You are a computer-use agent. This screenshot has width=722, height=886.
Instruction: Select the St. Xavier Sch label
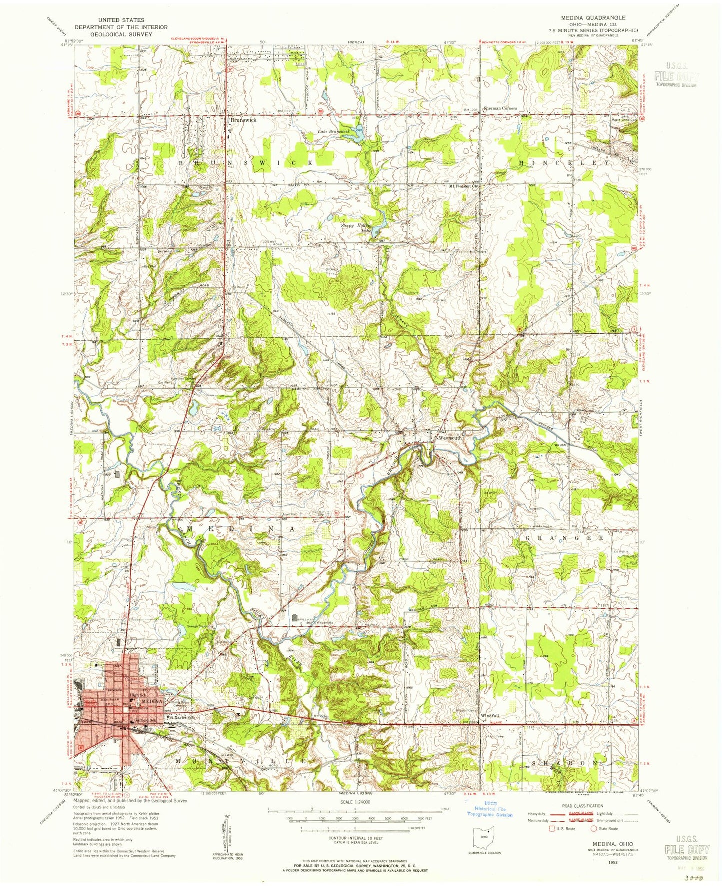pos(181,718)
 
